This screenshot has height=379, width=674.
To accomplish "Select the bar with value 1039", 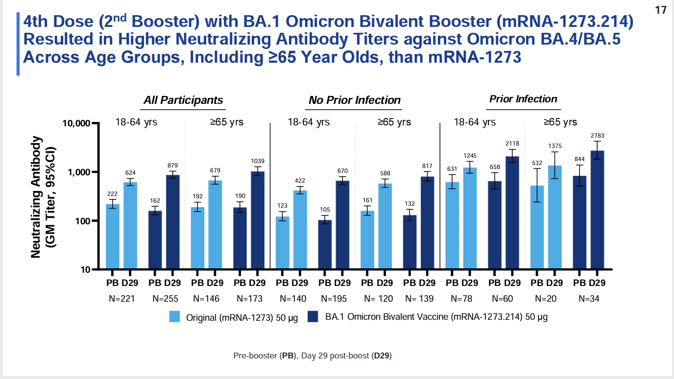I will (257, 220).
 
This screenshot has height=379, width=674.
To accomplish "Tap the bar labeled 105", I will (325, 244).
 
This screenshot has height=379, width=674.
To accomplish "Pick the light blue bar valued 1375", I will (554, 217).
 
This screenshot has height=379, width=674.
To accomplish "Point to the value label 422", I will (300, 181).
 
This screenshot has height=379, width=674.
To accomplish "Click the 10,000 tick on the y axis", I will (76, 123).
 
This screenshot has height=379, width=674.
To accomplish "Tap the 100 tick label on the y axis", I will (82, 221).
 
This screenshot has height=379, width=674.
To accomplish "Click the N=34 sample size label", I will (588, 298).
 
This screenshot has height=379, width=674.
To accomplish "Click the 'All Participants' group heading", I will (183, 100).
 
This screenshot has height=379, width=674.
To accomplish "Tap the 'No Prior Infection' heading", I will (355, 100).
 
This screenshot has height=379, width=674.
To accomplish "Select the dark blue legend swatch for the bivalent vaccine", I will (313, 317).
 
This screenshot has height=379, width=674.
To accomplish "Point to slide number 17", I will (661, 10).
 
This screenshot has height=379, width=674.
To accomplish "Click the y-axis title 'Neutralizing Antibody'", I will (36, 196).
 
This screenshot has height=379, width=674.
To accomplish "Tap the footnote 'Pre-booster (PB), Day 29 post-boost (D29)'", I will (313, 356).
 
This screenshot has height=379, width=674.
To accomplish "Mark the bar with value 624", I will (130, 225).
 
